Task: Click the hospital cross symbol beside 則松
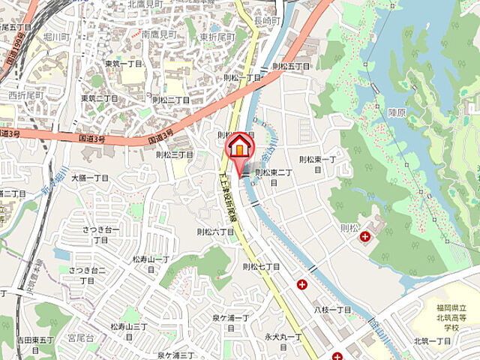coord(364,236)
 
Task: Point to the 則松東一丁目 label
coord(318,163)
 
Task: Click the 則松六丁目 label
coord(214,232)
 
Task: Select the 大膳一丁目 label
coord(90,178)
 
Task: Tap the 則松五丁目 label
coord(289,67)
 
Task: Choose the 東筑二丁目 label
coord(100,99)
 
